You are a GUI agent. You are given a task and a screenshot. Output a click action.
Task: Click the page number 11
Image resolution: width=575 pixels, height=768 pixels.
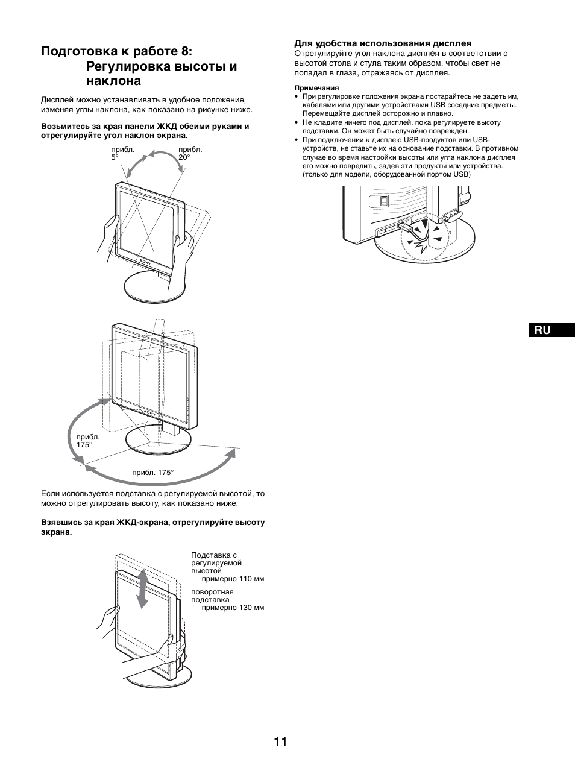280,741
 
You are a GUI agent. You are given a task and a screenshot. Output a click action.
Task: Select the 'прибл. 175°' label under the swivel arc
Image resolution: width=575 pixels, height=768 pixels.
152,473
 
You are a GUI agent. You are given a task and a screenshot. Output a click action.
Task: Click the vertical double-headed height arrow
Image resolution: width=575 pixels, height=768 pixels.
143,588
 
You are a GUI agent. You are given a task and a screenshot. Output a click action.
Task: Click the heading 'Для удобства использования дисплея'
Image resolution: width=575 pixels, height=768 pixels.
383,43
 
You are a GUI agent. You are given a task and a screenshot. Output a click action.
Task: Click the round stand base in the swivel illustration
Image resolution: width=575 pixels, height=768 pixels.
158,442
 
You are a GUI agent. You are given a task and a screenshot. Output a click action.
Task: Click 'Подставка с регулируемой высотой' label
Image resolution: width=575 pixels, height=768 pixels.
216,562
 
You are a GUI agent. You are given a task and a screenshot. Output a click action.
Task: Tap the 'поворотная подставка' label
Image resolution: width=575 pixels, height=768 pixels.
212,596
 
